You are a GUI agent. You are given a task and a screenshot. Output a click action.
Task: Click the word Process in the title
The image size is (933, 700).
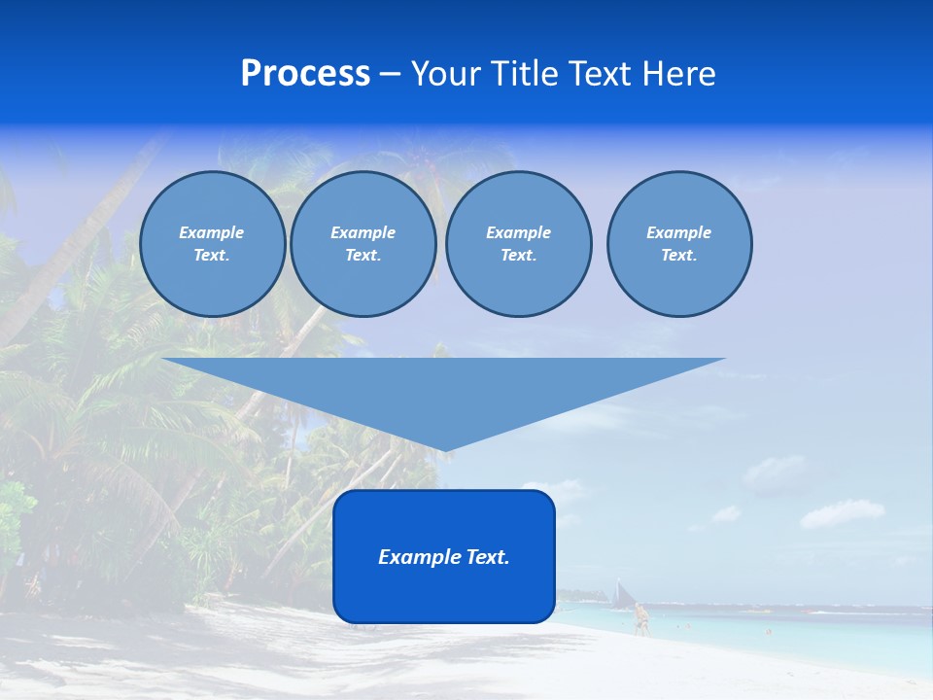[305, 74]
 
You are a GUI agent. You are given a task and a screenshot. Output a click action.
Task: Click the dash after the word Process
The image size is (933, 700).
[390, 75]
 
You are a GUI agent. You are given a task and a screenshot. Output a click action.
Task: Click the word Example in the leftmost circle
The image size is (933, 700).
[212, 232]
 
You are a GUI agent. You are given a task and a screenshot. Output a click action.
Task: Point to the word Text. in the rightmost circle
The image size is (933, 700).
[679, 255]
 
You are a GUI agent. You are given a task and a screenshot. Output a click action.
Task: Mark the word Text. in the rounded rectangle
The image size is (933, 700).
[488, 557]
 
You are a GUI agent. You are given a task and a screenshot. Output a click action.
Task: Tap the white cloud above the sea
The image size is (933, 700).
[842, 512]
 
